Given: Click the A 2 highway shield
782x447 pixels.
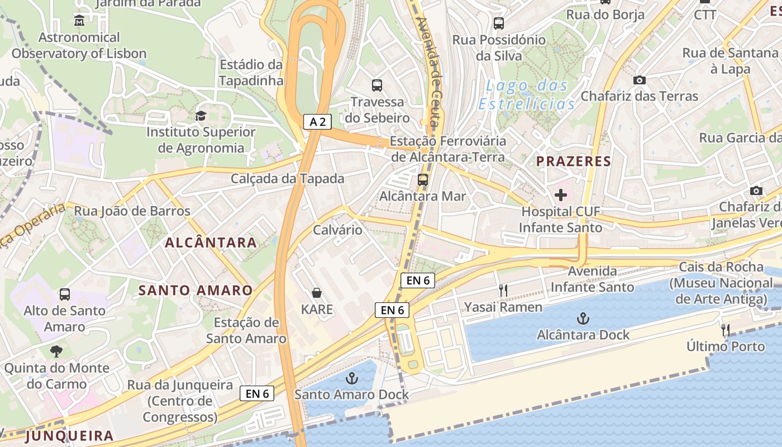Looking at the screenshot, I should (318, 121).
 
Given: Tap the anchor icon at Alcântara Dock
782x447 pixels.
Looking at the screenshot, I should (583, 319).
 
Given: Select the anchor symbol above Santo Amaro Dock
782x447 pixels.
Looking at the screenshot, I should (351, 379).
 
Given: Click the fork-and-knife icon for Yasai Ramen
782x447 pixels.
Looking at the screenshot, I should (503, 291).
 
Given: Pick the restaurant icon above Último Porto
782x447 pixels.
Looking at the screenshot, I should (726, 330).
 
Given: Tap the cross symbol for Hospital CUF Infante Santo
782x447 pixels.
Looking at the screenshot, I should (561, 195).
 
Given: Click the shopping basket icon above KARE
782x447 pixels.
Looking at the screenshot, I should (317, 293).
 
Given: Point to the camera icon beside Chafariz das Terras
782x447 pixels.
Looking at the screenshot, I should (640, 80).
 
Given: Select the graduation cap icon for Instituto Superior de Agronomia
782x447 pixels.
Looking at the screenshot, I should (200, 116).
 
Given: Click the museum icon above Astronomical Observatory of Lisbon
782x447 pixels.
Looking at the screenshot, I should (79, 21).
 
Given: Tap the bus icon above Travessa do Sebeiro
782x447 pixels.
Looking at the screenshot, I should (377, 85).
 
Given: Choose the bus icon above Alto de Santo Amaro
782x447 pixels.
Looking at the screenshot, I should (65, 294).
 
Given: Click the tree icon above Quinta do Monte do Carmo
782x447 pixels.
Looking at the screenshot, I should (56, 351).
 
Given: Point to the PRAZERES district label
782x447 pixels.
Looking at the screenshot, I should (574, 161).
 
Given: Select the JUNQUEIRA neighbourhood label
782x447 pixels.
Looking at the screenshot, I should (69, 436).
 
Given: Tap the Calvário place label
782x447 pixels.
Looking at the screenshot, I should (337, 230).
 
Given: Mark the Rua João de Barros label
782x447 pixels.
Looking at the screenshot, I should (132, 211).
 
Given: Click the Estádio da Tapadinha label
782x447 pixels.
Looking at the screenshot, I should (251, 73).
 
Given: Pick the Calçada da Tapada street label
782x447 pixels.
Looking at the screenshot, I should (288, 179).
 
